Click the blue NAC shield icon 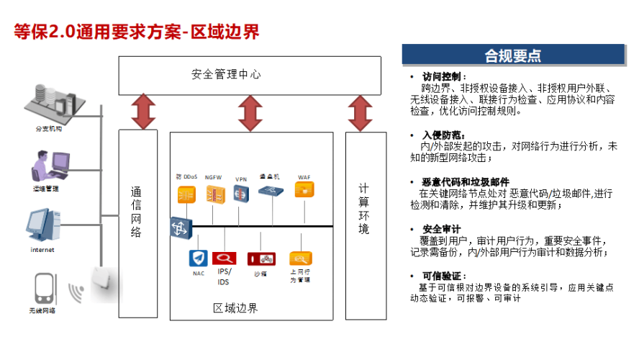coord(198,258)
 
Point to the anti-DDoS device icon coord(186,194)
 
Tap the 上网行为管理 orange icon coord(299,258)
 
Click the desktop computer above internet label coord(42,224)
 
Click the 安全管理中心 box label coord(225,74)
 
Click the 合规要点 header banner coord(512,55)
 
